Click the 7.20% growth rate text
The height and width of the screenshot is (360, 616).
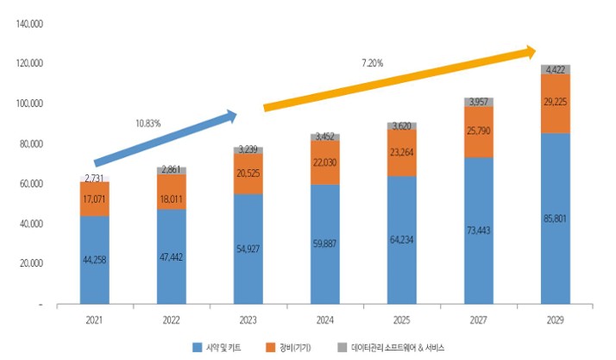(373, 62)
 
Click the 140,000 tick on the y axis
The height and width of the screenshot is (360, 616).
(30, 23)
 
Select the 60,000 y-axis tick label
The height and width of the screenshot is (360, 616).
(32, 184)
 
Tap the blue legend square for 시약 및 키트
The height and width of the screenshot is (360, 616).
(198, 347)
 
